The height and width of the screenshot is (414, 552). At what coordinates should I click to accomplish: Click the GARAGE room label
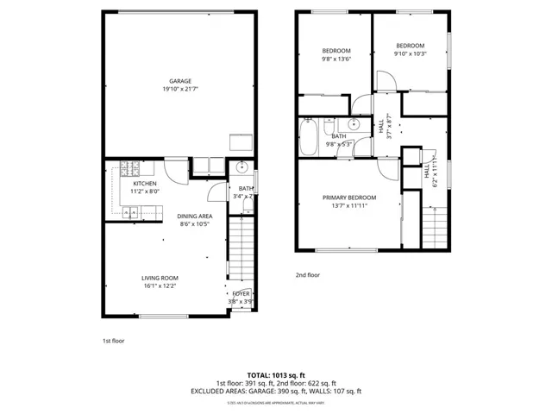pyautogui.click(x=179, y=81)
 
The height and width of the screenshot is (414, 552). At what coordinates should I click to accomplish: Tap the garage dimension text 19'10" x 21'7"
pyautogui.click(x=179, y=90)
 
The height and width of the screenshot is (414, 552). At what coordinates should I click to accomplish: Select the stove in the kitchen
pyautogui.click(x=129, y=166)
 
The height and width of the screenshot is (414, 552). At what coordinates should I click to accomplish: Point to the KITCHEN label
pyautogui.click(x=144, y=184)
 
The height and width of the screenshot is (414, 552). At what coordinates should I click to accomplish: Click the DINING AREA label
pyautogui.click(x=194, y=216)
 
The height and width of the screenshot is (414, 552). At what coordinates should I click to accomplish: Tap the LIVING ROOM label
pyautogui.click(x=160, y=278)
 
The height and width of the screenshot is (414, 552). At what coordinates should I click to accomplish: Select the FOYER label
pyautogui.click(x=241, y=294)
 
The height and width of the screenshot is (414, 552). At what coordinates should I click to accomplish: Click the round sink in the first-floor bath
pyautogui.click(x=242, y=167)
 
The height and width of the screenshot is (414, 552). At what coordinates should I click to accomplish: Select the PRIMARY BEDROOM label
pyautogui.click(x=349, y=197)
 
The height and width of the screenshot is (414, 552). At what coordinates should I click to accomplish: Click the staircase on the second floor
pyautogui.click(x=435, y=224)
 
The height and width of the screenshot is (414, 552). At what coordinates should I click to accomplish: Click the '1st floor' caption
pyautogui.click(x=113, y=341)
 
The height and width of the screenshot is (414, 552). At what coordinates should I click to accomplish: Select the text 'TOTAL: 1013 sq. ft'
pyautogui.click(x=276, y=375)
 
